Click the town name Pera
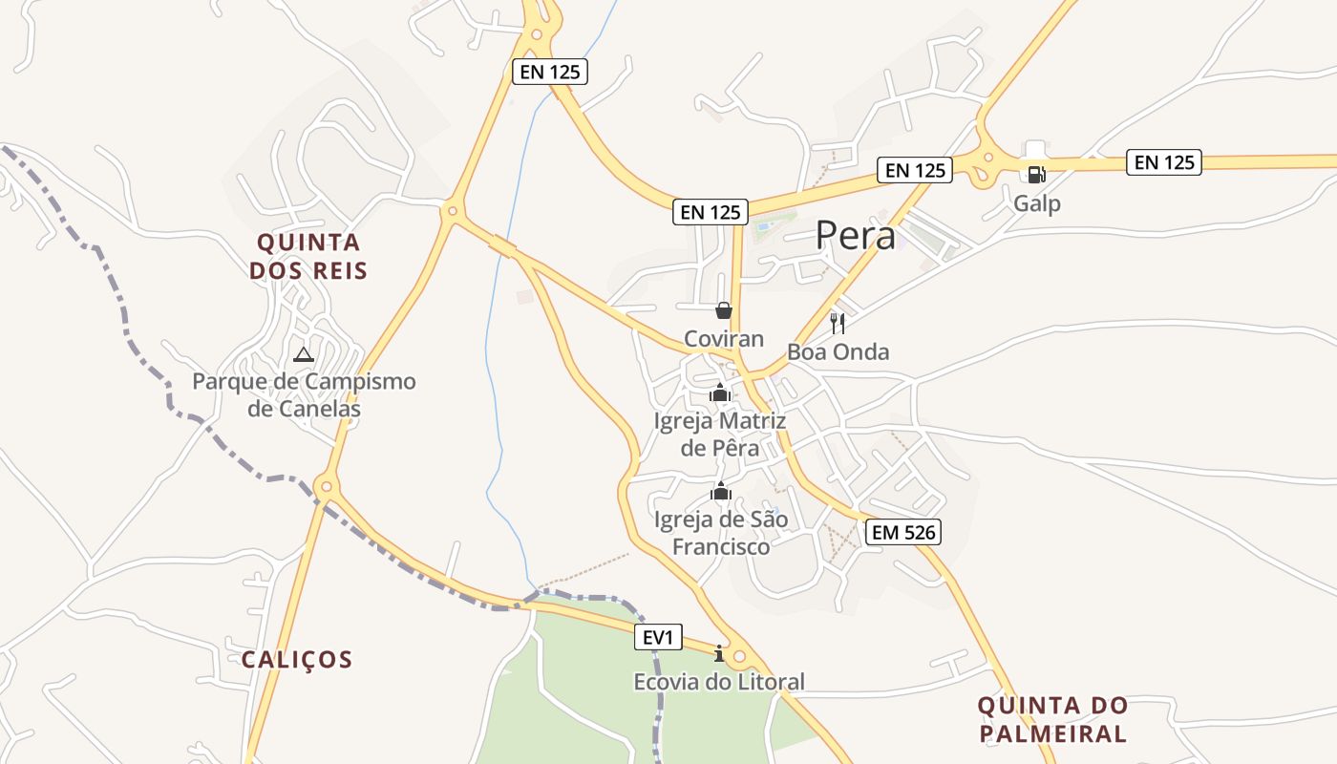[856, 236]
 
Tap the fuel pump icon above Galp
[1036, 174]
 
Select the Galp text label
[1036, 203]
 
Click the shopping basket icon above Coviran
[724, 310]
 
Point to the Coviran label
[724, 339]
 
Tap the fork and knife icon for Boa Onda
[838, 323]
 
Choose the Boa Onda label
[838, 351]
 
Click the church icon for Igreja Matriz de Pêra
[720, 393]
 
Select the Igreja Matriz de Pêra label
[720, 435]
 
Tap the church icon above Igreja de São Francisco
[721, 493]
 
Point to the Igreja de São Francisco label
[721, 533]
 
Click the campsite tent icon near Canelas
[304, 354]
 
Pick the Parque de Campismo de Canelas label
[304, 395]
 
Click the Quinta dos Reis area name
[308, 256]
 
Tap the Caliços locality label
[297, 660]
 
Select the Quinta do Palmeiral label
[1052, 720]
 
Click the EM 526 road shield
[903, 532]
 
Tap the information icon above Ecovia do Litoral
[719, 653]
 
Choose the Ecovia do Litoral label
[719, 682]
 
